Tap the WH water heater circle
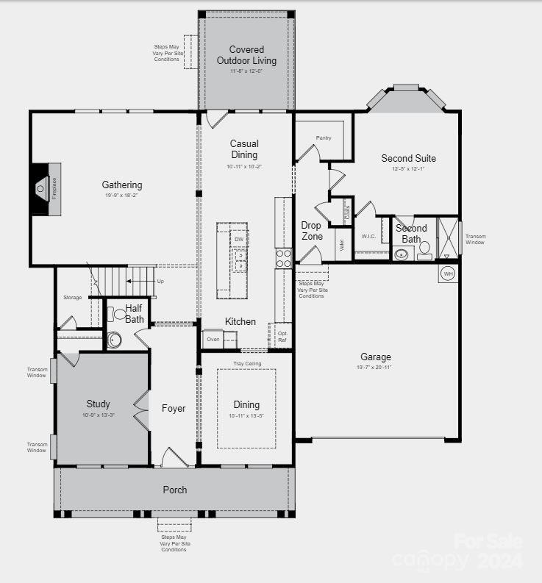[x=449, y=274]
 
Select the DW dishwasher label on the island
[x=239, y=240]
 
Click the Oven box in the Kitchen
[x=213, y=339]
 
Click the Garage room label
[x=376, y=357]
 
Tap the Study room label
[x=98, y=404]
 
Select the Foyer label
[x=174, y=408]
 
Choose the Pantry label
[x=324, y=137]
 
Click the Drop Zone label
[x=311, y=231]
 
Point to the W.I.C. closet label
[x=368, y=236]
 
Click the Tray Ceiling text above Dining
[x=247, y=363]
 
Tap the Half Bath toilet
[x=113, y=340]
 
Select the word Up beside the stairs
[x=160, y=281]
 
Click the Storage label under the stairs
[x=72, y=298]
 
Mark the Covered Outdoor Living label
[x=246, y=55]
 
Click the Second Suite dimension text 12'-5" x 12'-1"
[x=408, y=169]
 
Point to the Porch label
[x=174, y=490]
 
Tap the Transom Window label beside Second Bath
[x=475, y=239]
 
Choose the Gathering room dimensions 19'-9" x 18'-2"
[x=122, y=196]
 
